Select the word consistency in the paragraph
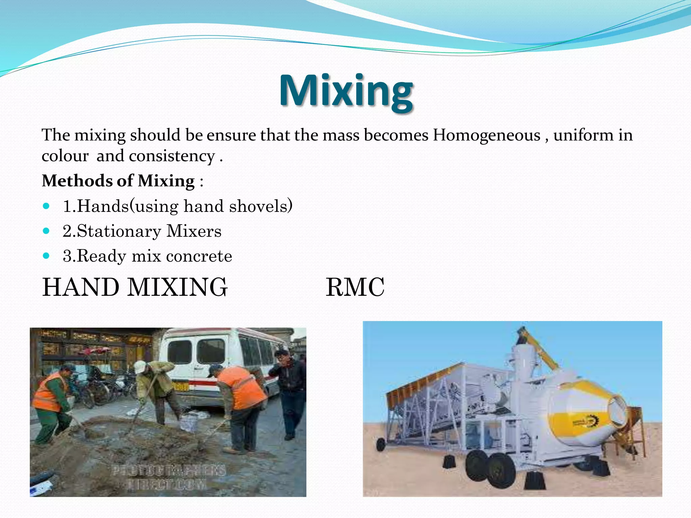[172, 156]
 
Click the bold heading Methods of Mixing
[118, 181]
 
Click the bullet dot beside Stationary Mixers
[47, 231]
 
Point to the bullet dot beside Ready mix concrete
[47, 256]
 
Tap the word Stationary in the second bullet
[119, 231]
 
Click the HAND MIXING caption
[135, 287]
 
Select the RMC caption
[355, 287]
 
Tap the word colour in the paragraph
[65, 156]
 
